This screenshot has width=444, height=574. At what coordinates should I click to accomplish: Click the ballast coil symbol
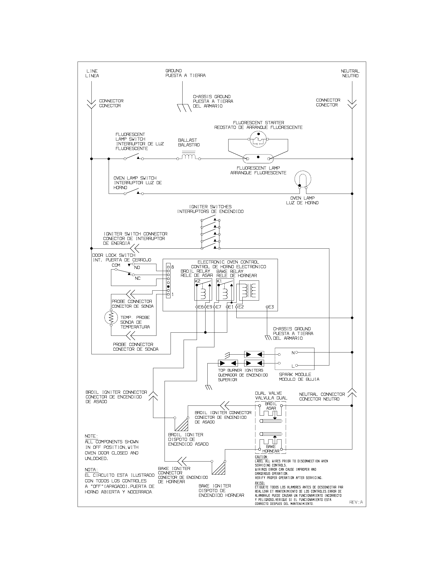coord(188,157)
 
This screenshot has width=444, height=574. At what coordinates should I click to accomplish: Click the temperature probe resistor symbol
coord(111,318)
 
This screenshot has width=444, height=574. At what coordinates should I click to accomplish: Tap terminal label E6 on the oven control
coord(201,307)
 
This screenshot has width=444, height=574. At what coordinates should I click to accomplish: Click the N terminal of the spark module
coord(293,353)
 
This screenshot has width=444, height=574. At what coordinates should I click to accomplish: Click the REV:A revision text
coord(356,502)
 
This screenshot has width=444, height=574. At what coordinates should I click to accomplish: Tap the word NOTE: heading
coord(91,436)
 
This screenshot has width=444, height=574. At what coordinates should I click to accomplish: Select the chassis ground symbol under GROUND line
coord(184,108)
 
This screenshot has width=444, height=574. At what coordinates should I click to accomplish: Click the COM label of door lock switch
coord(116,265)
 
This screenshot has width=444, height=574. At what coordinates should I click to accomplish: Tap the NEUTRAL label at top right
coord(350,71)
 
